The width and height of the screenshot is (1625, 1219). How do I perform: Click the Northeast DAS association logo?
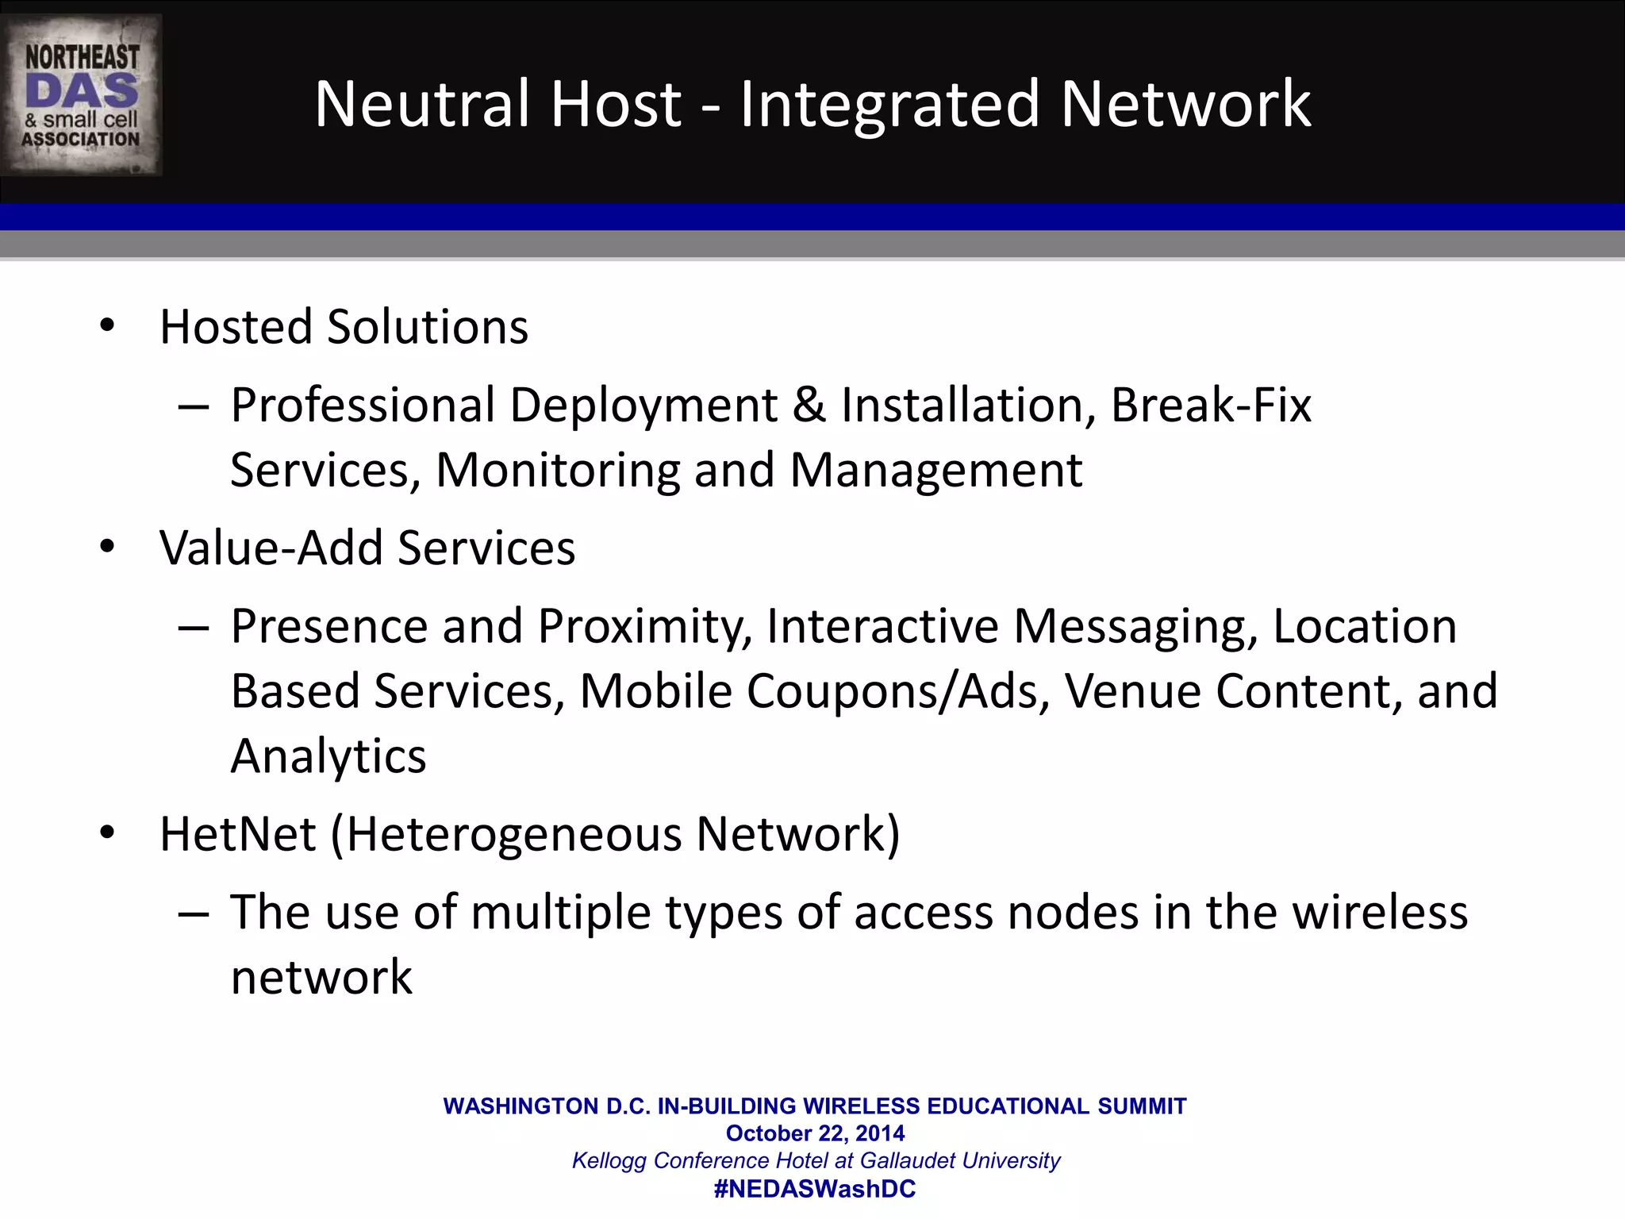(x=82, y=95)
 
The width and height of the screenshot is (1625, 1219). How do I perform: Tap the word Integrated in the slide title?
(x=889, y=106)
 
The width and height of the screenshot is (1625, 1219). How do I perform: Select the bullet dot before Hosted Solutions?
(x=107, y=325)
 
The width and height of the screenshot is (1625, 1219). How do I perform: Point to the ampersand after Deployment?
(x=809, y=405)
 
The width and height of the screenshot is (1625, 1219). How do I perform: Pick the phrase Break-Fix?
(x=1211, y=406)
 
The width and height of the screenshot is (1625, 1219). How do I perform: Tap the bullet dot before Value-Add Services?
(x=107, y=547)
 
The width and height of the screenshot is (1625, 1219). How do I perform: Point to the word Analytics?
(x=328, y=756)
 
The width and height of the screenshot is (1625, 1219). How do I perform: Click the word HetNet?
(x=238, y=834)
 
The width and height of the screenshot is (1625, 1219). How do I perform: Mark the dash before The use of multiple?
(x=194, y=913)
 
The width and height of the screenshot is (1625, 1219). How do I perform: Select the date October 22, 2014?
(x=815, y=1133)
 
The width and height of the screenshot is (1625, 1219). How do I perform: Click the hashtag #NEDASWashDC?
(x=815, y=1189)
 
